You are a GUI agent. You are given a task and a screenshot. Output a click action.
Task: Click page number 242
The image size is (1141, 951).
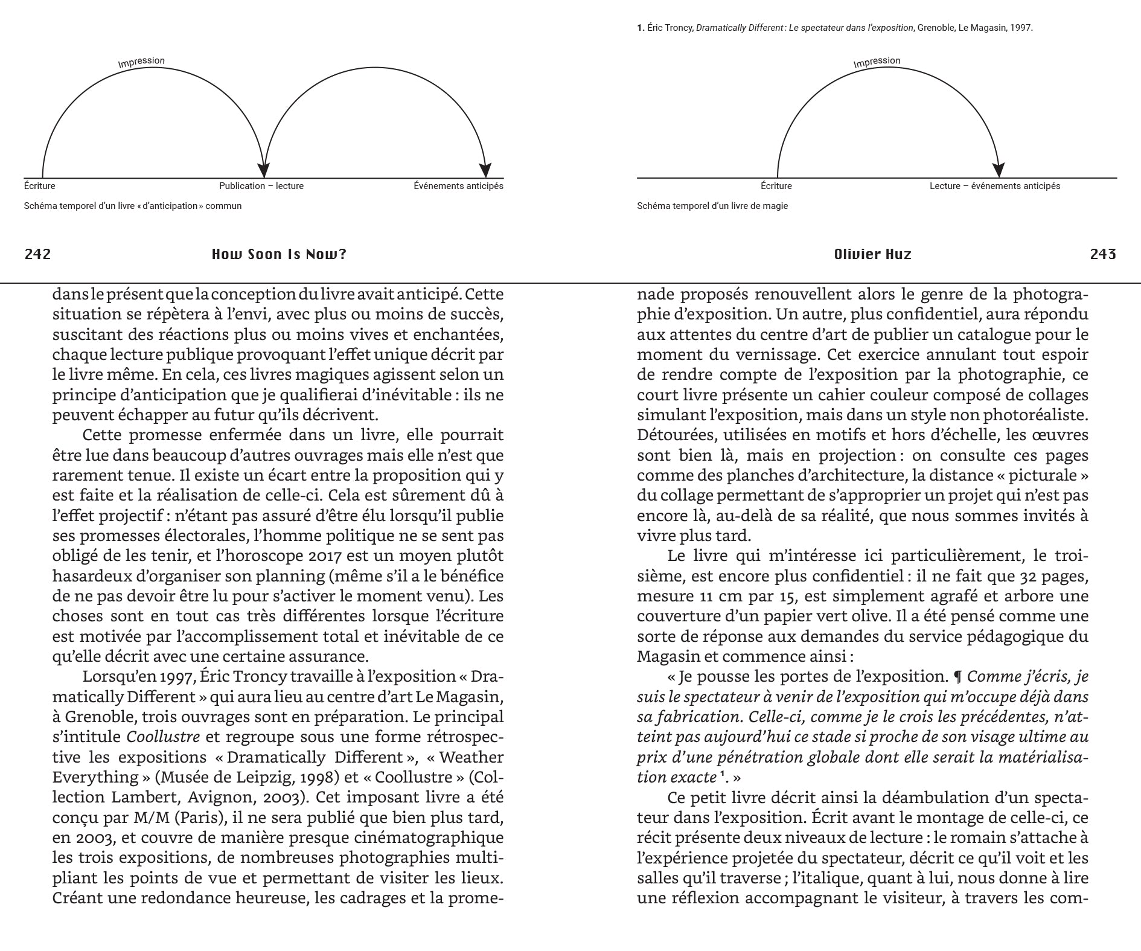point(37,254)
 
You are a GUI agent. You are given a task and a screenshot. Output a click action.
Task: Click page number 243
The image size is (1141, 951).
point(1103,254)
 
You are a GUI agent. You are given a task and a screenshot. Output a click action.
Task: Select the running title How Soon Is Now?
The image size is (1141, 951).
point(279,254)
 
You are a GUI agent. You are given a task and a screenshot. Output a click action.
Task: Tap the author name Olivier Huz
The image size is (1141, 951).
point(872,254)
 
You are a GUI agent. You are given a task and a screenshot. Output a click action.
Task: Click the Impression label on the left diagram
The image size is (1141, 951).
point(141,62)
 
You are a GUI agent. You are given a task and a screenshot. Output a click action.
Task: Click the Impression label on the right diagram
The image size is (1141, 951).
point(877,62)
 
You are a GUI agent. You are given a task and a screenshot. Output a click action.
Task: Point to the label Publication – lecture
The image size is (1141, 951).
point(261,186)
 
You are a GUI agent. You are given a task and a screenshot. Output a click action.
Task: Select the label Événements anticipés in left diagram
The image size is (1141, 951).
point(458,186)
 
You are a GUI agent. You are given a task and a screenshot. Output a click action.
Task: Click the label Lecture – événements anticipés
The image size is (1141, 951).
point(994,186)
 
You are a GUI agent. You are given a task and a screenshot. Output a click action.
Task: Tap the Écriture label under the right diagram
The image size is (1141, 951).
point(776,186)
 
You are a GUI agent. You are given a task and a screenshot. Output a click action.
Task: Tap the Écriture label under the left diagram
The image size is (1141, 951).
point(40,186)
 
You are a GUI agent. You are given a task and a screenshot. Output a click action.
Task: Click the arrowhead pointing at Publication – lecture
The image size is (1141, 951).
point(264,171)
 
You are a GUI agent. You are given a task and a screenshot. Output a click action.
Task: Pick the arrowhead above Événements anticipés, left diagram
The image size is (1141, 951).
point(485,171)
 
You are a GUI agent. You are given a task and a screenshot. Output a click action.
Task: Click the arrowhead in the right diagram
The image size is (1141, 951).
point(999,171)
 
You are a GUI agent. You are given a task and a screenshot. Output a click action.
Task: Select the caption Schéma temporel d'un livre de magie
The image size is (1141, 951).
point(712,206)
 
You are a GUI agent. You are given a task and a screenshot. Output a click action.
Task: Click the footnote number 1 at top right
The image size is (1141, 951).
point(640,28)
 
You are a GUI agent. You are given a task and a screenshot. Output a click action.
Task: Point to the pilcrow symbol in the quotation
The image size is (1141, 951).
point(957,677)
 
